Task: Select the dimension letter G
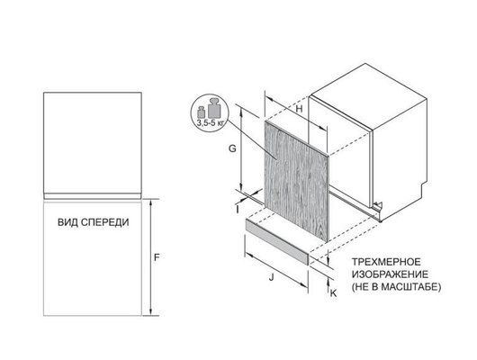(232, 153)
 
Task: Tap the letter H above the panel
(300, 108)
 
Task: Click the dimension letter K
(333, 293)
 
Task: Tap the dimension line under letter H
(299, 117)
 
